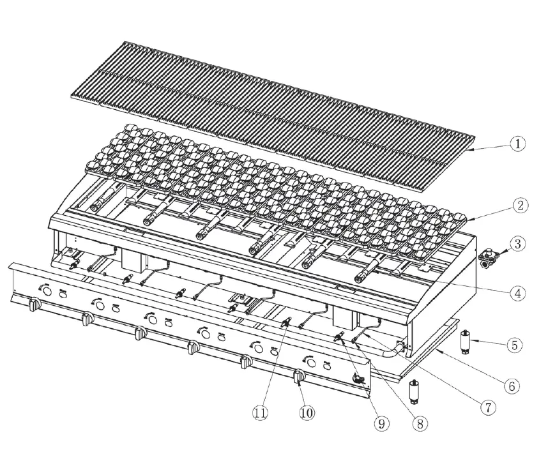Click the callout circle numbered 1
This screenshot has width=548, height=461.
coord(519,144)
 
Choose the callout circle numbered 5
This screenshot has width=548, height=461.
coord(515,344)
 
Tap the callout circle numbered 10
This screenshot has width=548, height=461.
coord(307,413)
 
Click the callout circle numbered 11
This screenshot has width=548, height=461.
coord(259,413)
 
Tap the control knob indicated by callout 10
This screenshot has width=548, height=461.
coord(298,377)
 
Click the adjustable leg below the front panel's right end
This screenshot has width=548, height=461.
coord(415,390)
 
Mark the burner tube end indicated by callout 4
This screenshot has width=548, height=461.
coord(361,279)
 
